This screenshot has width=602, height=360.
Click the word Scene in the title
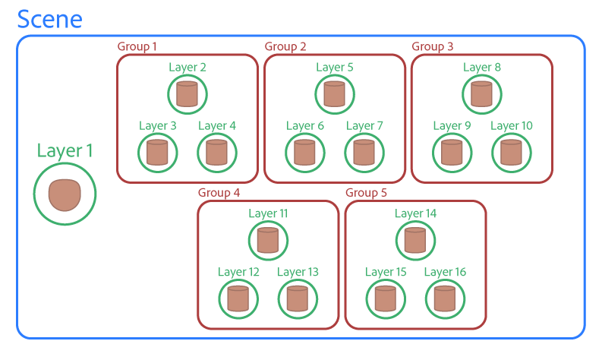click(49, 19)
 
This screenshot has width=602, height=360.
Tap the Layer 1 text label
click(65, 150)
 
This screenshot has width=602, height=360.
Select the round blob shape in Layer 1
click(65, 194)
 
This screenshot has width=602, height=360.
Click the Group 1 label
click(137, 47)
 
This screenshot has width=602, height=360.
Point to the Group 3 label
click(433, 47)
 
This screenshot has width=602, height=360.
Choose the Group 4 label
click(219, 193)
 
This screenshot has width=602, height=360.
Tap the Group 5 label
click(366, 193)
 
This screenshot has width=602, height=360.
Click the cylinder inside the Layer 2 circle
click(187, 94)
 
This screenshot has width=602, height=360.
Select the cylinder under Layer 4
click(216, 153)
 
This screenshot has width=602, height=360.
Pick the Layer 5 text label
click(335, 67)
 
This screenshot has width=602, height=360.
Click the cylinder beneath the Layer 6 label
click(305, 153)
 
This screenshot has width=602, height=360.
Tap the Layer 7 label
click(364, 125)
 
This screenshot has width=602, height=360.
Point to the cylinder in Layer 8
click(481, 94)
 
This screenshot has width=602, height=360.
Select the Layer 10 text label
click(512, 125)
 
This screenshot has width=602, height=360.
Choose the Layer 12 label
click(238, 272)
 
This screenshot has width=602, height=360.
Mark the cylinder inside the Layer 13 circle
click(298, 299)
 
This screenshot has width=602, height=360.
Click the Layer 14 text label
click(416, 213)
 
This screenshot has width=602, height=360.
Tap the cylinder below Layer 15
click(386, 299)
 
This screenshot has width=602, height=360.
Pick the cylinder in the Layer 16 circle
click(445, 299)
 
